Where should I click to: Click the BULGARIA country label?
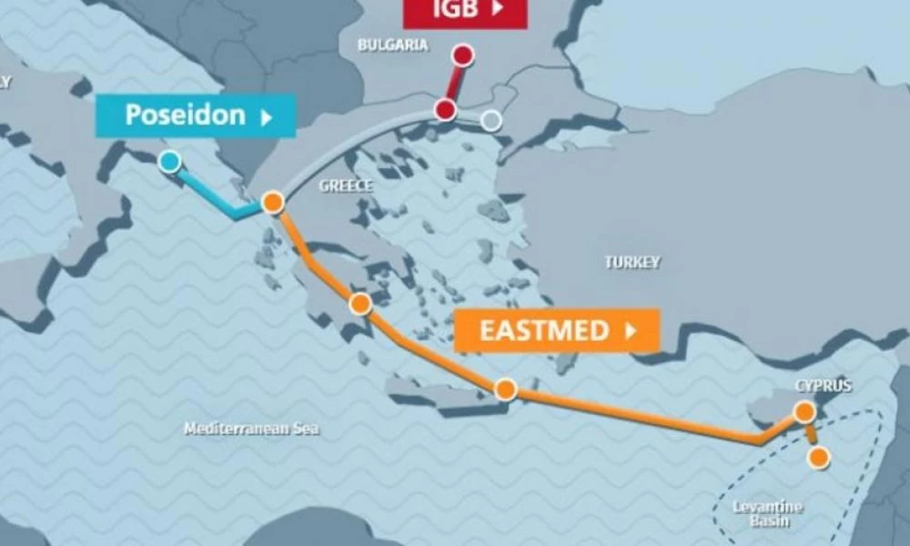coord(392,45)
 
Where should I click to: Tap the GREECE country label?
coord(346,186)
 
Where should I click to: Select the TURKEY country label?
coord(632,262)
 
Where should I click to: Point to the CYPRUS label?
coord(824,386)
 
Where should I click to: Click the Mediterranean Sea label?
coord(251,429)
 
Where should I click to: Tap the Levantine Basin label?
coord(756,513)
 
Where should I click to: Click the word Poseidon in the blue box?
coord(185,116)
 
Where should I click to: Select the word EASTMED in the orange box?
coord(544,330)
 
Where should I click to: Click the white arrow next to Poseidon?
coord(267,116)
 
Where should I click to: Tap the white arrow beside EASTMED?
coord(631,331)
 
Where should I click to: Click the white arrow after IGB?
coord(498,9)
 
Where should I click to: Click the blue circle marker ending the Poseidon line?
coord(169,162)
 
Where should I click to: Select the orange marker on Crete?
coord(506,389)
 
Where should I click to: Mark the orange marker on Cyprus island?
coord(804,412)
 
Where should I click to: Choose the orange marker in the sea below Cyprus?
coord(819,458)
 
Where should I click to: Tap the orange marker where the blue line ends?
coord(272,203)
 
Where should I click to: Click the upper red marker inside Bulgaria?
coord(463,56)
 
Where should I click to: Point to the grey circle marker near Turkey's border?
coord(491,120)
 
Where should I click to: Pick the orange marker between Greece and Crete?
coord(361,304)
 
